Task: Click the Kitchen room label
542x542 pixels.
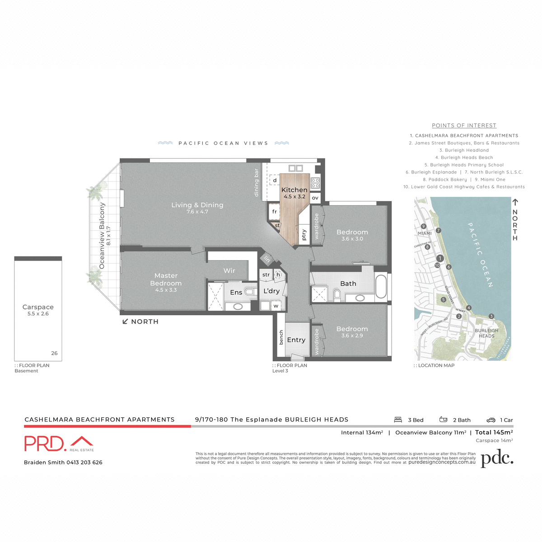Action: point(294,190)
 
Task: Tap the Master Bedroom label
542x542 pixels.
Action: point(166,280)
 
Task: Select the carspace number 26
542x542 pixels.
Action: point(54,353)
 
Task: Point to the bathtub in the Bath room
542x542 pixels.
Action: point(381,286)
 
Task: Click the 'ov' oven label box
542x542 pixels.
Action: point(315,198)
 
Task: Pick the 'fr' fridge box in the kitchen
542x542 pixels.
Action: point(274,211)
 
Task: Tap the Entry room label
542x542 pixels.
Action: point(296,340)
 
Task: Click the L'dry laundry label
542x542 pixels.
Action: point(271,291)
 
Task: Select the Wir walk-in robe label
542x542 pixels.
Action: point(229,271)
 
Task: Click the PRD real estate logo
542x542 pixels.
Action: point(59,444)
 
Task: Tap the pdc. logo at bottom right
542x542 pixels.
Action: point(497,459)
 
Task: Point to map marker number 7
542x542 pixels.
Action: point(439,230)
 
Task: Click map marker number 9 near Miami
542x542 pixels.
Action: point(423,226)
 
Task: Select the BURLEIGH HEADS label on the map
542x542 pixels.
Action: point(486,333)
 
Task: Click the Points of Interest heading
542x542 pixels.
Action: point(464,126)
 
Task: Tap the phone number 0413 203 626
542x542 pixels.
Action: point(84,463)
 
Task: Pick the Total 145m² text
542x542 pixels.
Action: point(494,432)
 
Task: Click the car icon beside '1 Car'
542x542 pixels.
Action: point(491,420)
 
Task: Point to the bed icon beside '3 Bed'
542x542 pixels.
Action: point(398,420)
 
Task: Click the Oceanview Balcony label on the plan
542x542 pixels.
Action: point(102,235)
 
